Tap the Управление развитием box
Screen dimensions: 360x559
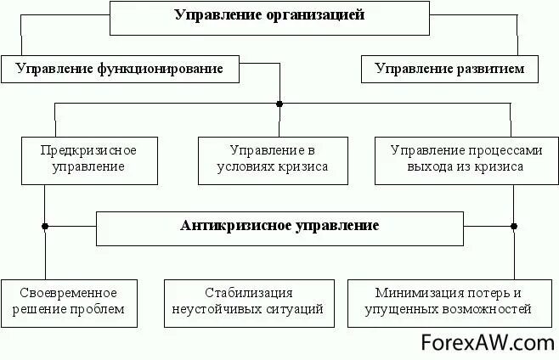click(x=449, y=69)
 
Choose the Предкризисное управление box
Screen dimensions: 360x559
click(x=88, y=159)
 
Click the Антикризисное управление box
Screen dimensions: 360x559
click(x=279, y=227)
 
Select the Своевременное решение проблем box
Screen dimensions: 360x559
click(x=70, y=301)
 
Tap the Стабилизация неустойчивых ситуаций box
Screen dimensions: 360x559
click(x=248, y=301)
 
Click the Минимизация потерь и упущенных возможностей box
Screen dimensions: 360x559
click(x=448, y=301)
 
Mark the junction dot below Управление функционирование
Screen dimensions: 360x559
click(x=279, y=104)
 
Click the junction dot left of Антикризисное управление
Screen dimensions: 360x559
click(x=45, y=227)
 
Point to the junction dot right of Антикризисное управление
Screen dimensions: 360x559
click(x=514, y=227)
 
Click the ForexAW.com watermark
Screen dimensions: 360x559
click(x=488, y=342)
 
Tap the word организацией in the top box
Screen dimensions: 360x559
click(x=317, y=15)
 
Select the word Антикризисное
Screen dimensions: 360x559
click(x=234, y=226)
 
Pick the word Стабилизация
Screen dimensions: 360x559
click(x=249, y=292)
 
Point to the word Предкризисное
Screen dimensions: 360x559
click(x=88, y=150)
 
